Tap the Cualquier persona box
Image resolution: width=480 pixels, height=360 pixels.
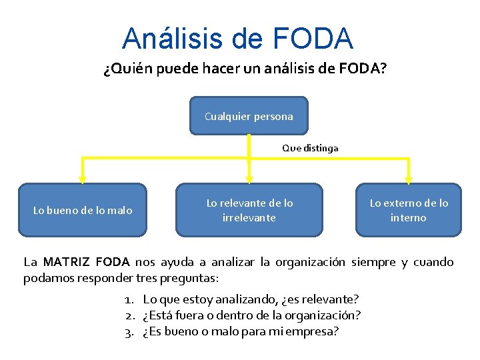(249, 116)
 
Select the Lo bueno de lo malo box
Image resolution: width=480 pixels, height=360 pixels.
(83, 211)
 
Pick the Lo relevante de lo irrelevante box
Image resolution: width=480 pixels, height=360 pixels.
(249, 211)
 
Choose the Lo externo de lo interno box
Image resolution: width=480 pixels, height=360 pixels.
(409, 211)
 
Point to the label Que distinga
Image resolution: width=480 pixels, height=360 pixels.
(310, 148)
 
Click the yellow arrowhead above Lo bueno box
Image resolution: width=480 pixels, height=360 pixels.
(82, 178)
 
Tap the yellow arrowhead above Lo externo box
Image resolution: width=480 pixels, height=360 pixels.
(408, 178)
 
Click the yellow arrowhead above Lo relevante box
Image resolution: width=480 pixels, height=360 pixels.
(249, 178)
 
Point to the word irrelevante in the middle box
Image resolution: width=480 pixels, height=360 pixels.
(249, 218)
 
